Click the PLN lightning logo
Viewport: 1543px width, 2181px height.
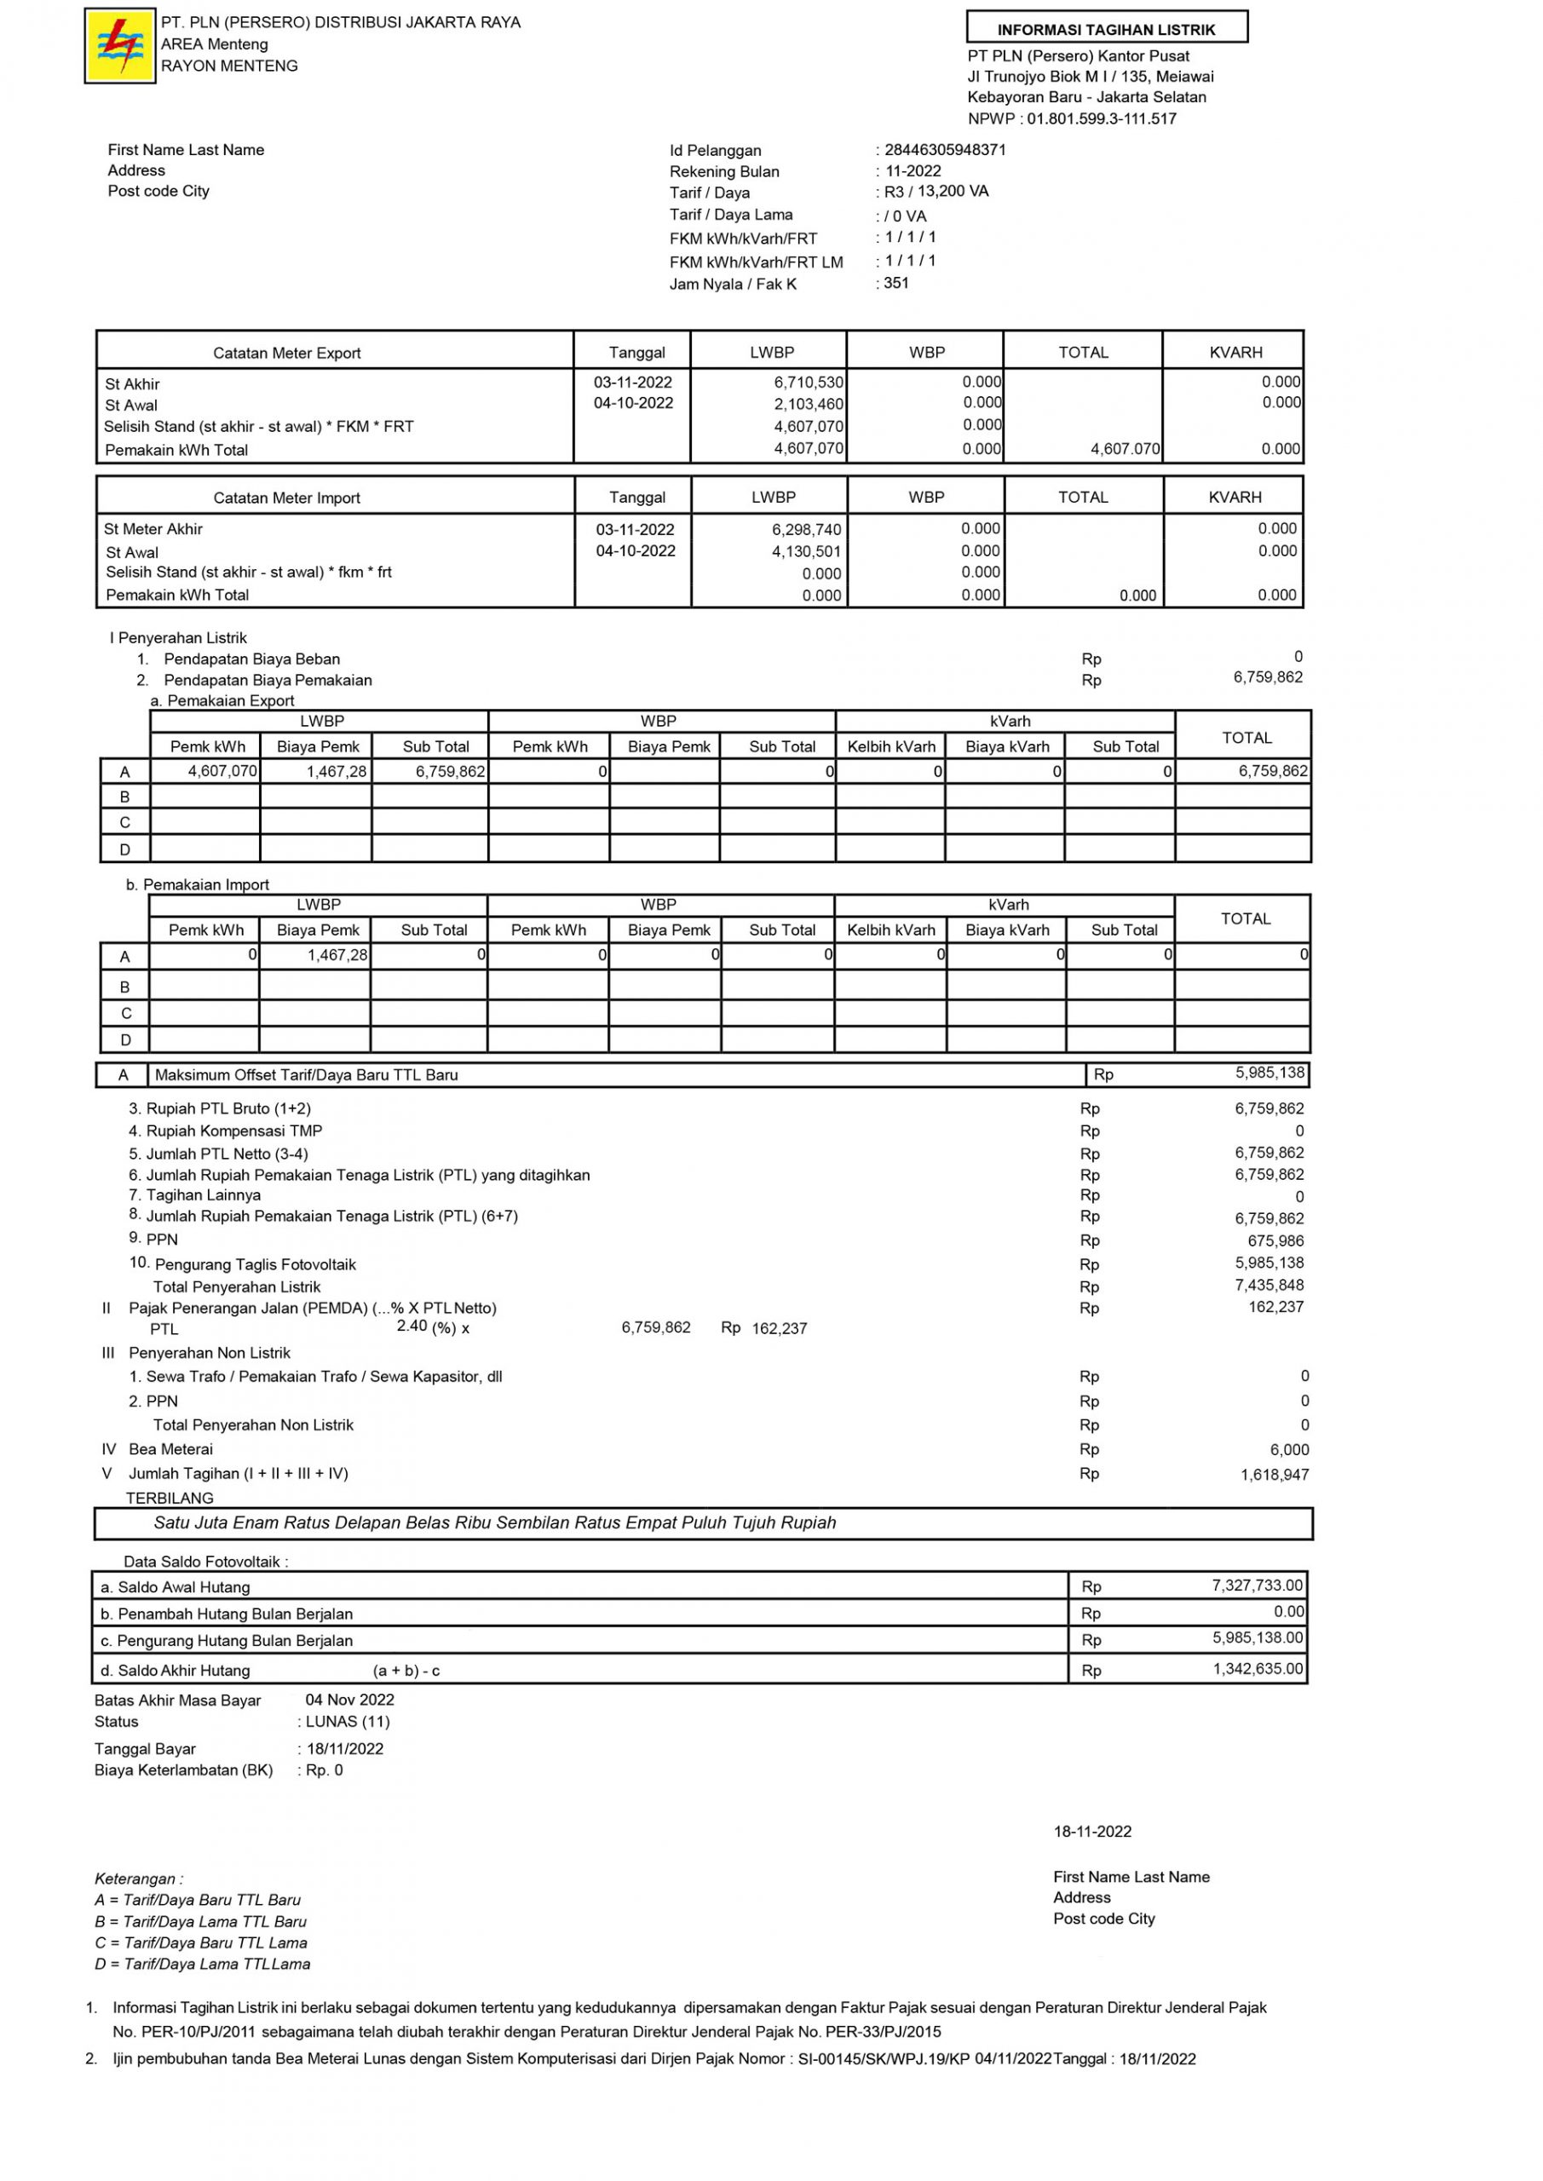coord(120,46)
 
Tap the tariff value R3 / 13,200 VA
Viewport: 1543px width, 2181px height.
coord(936,192)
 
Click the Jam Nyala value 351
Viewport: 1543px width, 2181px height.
coord(896,283)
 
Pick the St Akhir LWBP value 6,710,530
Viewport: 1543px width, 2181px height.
coord(808,383)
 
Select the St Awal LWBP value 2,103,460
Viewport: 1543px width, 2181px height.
coord(808,405)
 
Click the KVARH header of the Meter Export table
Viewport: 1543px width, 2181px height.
coord(1235,353)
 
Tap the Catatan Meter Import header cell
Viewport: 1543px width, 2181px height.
coord(287,498)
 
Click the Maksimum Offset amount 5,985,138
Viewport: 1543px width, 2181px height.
coord(1270,1073)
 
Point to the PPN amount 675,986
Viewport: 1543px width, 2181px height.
coord(1275,1240)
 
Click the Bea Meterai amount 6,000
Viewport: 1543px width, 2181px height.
coord(1289,1449)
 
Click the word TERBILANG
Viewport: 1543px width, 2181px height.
coord(170,1498)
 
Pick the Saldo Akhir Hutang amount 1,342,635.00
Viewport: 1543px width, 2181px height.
coord(1257,1669)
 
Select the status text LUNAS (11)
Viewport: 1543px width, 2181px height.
coord(347,1721)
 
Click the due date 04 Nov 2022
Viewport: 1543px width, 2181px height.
coord(349,1700)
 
